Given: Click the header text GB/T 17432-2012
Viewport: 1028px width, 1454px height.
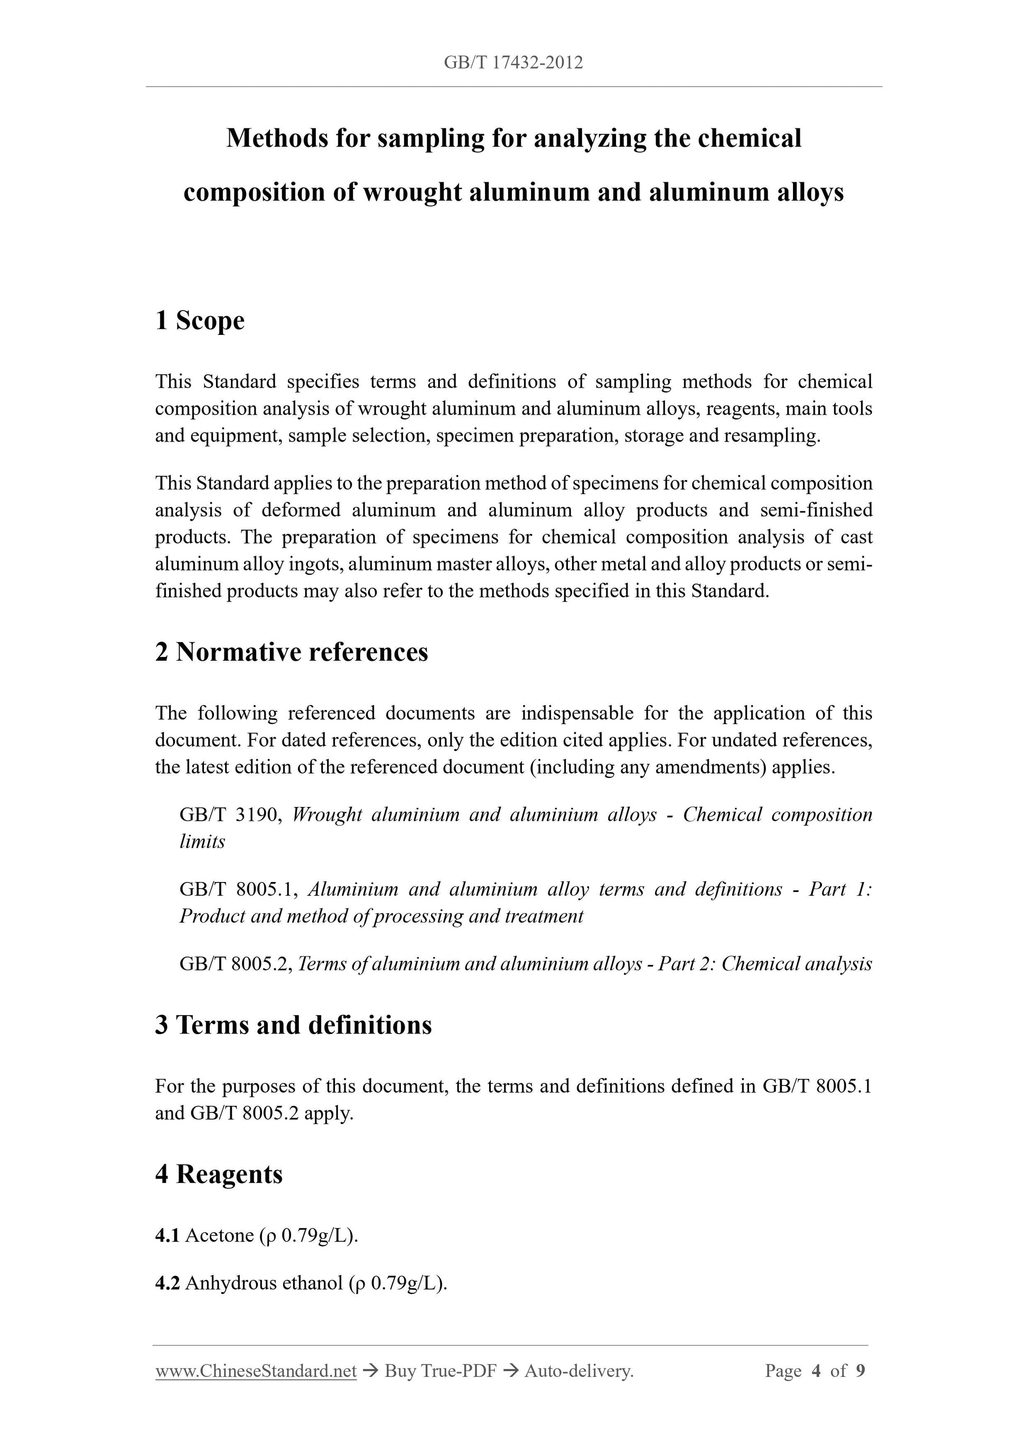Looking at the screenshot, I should pyautogui.click(x=513, y=63).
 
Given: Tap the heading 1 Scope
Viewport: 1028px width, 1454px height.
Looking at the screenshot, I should pyautogui.click(x=200, y=321).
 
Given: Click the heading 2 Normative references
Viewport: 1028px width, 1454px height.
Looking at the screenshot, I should pyautogui.click(x=292, y=652).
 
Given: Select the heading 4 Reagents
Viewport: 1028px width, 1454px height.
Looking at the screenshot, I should pyautogui.click(x=219, y=1174).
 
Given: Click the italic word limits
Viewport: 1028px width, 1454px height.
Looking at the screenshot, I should pyautogui.click(x=202, y=842).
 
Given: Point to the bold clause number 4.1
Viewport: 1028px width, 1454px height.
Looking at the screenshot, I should pyautogui.click(x=167, y=1235).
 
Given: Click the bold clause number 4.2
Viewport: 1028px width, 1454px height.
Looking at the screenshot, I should pyautogui.click(x=167, y=1283).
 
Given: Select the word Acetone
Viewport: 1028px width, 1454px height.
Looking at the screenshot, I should pyautogui.click(x=220, y=1235).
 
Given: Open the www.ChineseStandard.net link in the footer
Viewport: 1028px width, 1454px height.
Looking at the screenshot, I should pyautogui.click(x=256, y=1371).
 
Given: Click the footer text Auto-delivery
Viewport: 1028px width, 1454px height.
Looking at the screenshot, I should pyautogui.click(x=579, y=1371).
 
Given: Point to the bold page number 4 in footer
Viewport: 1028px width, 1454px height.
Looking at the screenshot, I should pyautogui.click(x=817, y=1371).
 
